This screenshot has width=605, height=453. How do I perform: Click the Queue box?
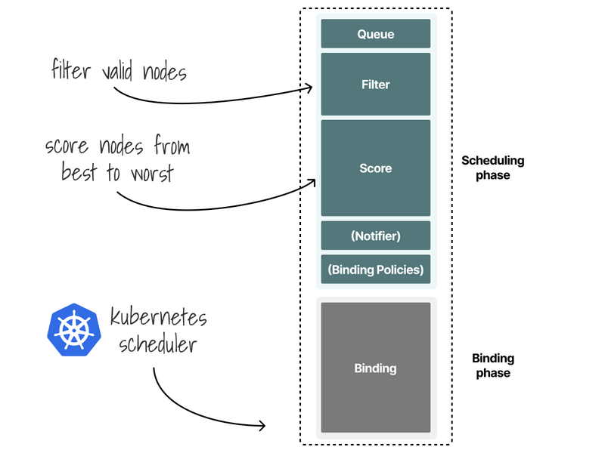pyautogui.click(x=376, y=34)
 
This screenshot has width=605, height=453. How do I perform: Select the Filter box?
pyautogui.click(x=376, y=84)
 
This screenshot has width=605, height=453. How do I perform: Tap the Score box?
pyautogui.click(x=376, y=168)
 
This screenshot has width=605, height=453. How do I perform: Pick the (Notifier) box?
pyautogui.click(x=376, y=236)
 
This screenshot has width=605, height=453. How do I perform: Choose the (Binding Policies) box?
pyautogui.click(x=376, y=269)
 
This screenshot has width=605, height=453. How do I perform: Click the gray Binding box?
pyautogui.click(x=376, y=368)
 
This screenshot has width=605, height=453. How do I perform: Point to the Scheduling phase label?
pyautogui.click(x=492, y=168)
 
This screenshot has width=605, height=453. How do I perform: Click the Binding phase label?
pyautogui.click(x=493, y=365)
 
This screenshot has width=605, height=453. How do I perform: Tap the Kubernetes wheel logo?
pyautogui.click(x=75, y=330)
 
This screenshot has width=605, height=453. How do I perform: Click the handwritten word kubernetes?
pyautogui.click(x=158, y=316)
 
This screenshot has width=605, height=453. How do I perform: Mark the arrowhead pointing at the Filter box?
pyautogui.click(x=309, y=88)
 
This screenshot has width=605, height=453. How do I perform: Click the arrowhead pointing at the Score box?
pyautogui.click(x=311, y=182)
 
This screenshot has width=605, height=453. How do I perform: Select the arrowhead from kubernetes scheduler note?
pyautogui.click(x=262, y=427)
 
